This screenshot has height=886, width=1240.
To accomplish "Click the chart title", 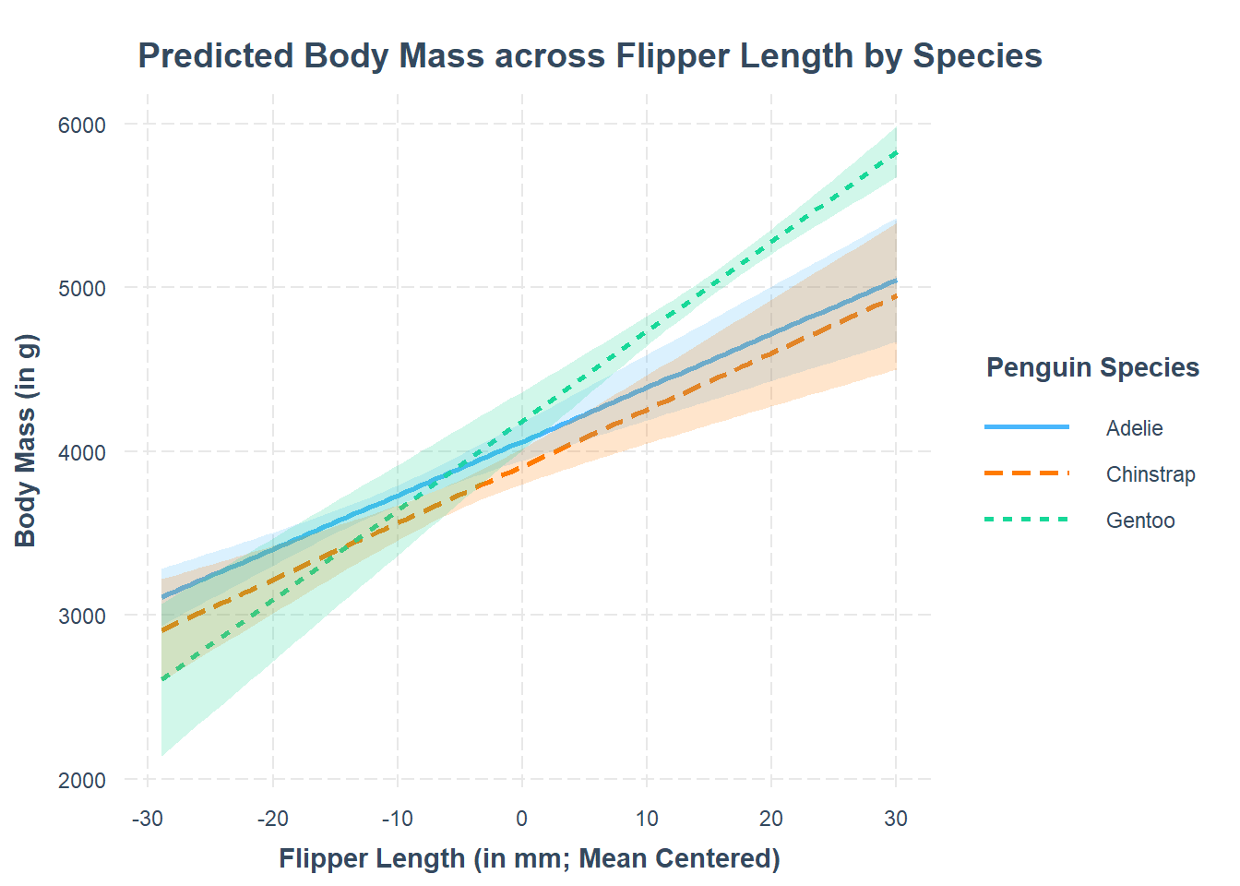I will coord(590,56).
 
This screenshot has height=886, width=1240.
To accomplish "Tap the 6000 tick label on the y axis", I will coord(82,126).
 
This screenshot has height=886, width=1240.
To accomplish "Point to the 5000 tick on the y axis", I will coord(82,289).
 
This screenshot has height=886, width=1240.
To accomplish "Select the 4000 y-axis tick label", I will coord(82,453).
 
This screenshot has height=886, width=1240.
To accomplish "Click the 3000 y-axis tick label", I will coord(82,617).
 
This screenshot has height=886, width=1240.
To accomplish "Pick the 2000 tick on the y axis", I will coord(82,781).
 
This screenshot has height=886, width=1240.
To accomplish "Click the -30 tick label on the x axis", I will coord(148,819).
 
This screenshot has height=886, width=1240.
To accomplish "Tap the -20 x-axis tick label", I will coord(272,819).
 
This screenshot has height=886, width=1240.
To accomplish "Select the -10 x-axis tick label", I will coord(397,819).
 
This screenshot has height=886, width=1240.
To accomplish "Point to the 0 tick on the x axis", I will coord(522,819).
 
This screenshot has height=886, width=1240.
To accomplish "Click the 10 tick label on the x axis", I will coord(647,819).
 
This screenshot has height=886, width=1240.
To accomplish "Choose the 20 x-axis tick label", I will coord(771,819).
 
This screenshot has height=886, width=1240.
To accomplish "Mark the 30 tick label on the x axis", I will coord(896,819).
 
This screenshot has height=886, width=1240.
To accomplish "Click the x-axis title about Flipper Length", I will coord(530,859).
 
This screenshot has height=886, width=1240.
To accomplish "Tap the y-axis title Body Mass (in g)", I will coord(26,441).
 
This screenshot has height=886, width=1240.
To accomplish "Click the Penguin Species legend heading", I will coord(1092,368).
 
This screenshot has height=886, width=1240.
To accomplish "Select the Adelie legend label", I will coord(1134,428).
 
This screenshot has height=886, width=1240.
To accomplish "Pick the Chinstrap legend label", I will coord(1151,474).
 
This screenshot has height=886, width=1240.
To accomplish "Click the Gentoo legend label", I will coord(1140,521).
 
